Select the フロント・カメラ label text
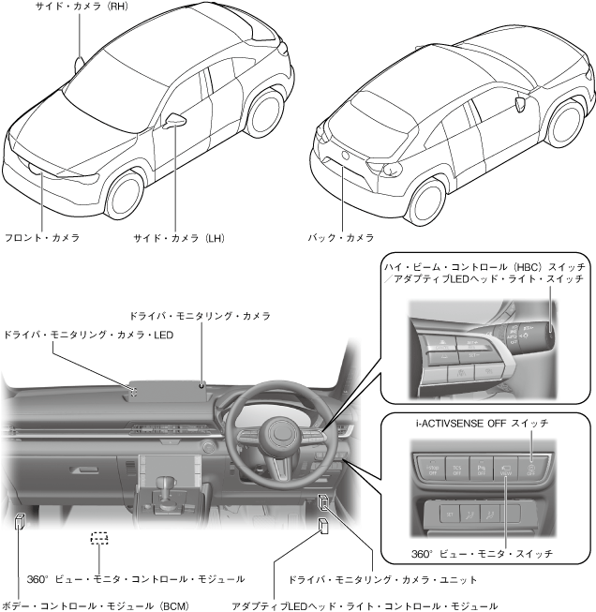[x=42, y=238]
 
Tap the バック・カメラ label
[x=341, y=238]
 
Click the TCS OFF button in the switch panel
[x=458, y=466]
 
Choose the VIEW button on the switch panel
[x=506, y=466]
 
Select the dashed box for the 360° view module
[x=99, y=539]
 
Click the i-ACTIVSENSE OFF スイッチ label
[x=482, y=424]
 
